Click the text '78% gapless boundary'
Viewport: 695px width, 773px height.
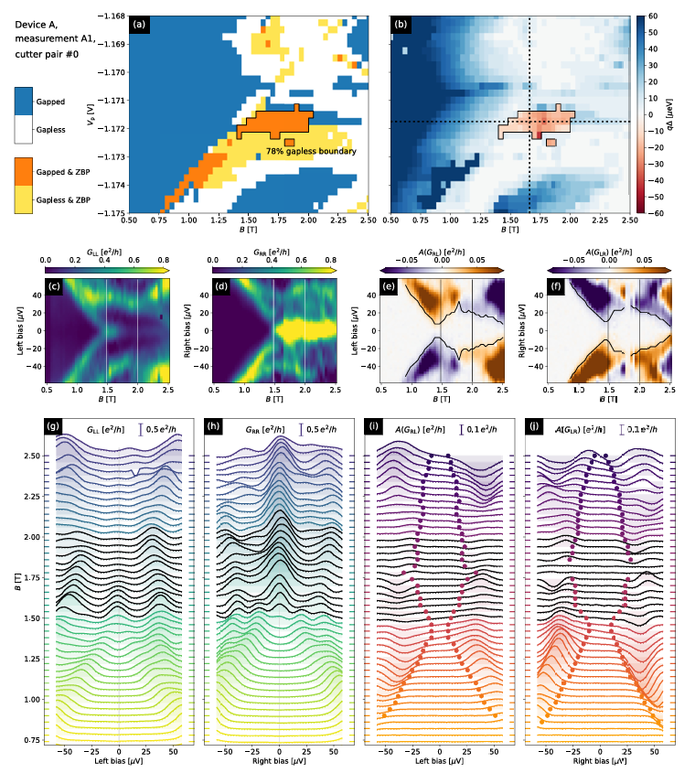(310, 151)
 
